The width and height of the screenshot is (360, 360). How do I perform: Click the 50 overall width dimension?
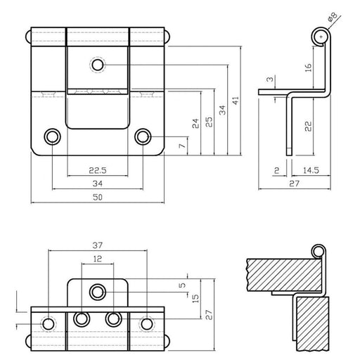(x=98, y=199)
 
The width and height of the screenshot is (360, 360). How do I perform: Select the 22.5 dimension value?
(x=98, y=169)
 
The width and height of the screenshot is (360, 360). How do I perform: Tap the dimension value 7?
(x=182, y=146)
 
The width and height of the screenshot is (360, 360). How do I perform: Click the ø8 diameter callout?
(x=350, y=16)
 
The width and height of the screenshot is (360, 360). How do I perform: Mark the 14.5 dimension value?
(x=310, y=170)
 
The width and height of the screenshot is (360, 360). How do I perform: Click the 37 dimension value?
(x=98, y=245)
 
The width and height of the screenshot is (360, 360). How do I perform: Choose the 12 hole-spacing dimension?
(x=98, y=259)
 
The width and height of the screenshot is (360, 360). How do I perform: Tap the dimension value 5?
(x=182, y=285)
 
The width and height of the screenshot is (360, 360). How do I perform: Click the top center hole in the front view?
(x=97, y=65)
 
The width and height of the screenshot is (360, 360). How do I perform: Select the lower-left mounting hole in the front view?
(x=52, y=136)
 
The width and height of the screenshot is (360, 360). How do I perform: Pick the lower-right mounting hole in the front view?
(x=143, y=136)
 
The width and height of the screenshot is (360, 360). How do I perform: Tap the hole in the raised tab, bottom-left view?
(x=98, y=290)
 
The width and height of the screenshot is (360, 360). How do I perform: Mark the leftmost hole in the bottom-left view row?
(x=49, y=323)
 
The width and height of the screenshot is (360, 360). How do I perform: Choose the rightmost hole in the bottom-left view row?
(x=146, y=323)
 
